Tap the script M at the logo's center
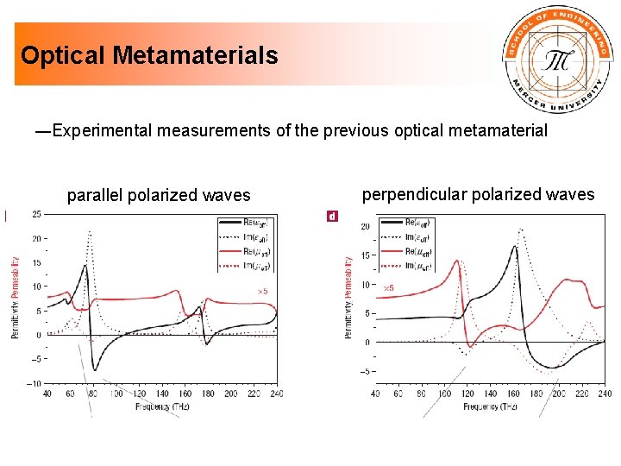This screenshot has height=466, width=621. pos(555,60)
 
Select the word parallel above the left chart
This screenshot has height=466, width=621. pos(96,196)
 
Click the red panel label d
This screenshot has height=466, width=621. pos(332,215)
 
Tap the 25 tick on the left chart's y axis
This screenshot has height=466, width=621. pos(36,214)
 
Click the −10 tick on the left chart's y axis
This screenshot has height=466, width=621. pos(34,382)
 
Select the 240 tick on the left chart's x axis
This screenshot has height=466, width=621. pos(276,394)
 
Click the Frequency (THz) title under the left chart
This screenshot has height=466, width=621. pos(162,406)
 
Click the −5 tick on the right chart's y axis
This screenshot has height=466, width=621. pos(365,372)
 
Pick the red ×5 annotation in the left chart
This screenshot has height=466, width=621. pos(262,292)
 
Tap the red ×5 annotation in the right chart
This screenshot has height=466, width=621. pos(388,287)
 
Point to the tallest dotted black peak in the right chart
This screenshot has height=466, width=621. pos(521,230)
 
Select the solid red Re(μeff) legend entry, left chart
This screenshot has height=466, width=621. pos(245,252)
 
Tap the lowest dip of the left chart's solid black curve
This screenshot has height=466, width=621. pos(95,369)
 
